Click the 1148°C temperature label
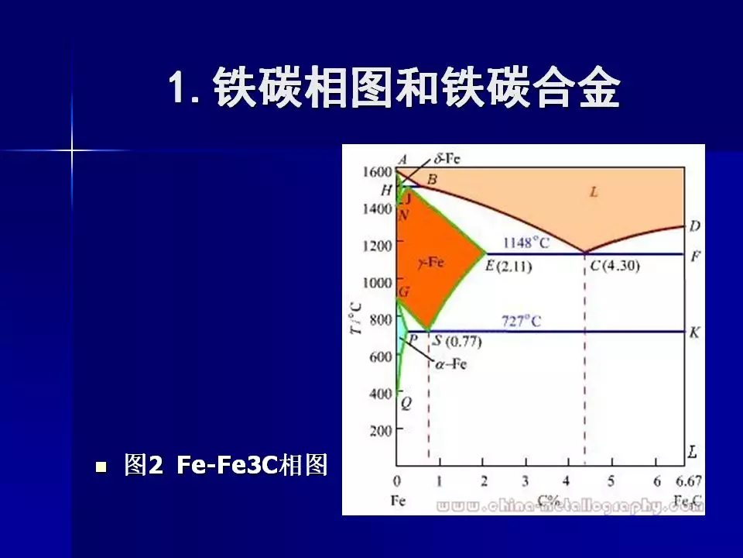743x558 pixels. (526, 243)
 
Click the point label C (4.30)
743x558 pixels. (615, 266)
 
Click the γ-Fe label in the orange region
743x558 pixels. (430, 263)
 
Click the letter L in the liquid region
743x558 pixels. (593, 192)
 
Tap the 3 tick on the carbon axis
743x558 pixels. (526, 481)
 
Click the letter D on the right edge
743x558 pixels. (694, 226)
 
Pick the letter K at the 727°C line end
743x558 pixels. (694, 332)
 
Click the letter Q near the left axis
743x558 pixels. (406, 403)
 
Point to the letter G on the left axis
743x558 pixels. (404, 292)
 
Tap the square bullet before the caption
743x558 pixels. (100, 467)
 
